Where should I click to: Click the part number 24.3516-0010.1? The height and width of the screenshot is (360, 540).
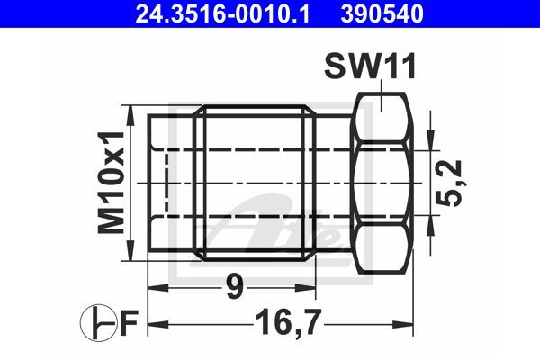(214, 13)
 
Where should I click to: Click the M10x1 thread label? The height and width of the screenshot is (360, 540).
(111, 184)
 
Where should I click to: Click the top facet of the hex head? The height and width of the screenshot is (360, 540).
(384, 118)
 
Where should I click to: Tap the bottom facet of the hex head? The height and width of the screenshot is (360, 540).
(384, 248)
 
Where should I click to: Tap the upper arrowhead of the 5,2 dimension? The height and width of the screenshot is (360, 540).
(432, 135)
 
